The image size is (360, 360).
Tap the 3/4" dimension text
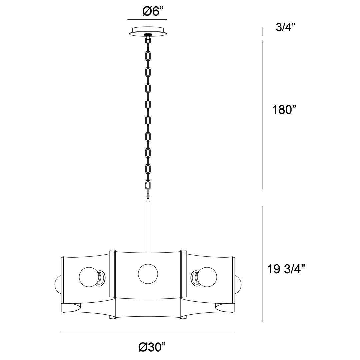(x=285, y=27)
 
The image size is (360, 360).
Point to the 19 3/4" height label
(x=286, y=269)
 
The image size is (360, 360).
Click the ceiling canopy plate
(x=148, y=32)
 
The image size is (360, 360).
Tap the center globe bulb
(x=148, y=274)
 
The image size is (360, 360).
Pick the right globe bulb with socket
(x=204, y=277)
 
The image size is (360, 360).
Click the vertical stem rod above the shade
(x=148, y=226)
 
